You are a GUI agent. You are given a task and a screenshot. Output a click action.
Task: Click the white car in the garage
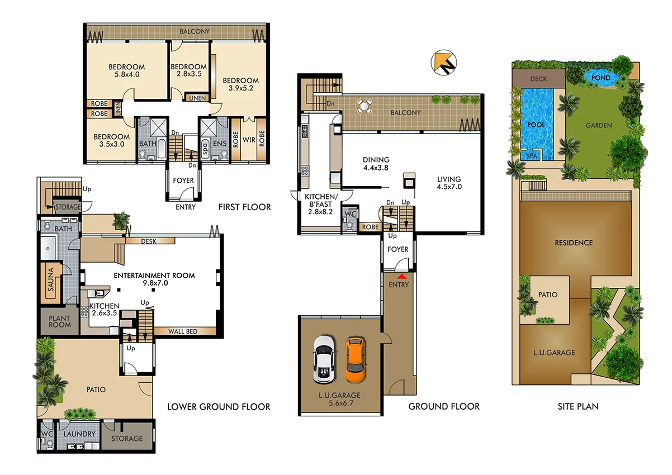(323, 359)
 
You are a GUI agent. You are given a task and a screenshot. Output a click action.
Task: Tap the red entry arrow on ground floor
(401, 276)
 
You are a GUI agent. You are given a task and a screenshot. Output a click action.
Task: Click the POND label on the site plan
(600, 78)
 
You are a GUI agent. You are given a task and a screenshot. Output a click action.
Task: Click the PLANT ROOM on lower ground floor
(59, 321)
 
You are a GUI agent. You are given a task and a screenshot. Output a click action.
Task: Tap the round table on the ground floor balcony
(365, 106)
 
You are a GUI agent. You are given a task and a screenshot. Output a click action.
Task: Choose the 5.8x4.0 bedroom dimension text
(126, 74)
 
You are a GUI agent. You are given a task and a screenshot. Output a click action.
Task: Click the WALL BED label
(183, 331)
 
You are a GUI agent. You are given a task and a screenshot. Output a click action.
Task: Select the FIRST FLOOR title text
(245, 207)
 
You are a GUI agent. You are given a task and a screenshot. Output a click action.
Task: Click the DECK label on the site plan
(538, 79)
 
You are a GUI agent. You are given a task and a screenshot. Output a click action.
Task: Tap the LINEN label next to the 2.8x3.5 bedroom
(197, 98)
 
